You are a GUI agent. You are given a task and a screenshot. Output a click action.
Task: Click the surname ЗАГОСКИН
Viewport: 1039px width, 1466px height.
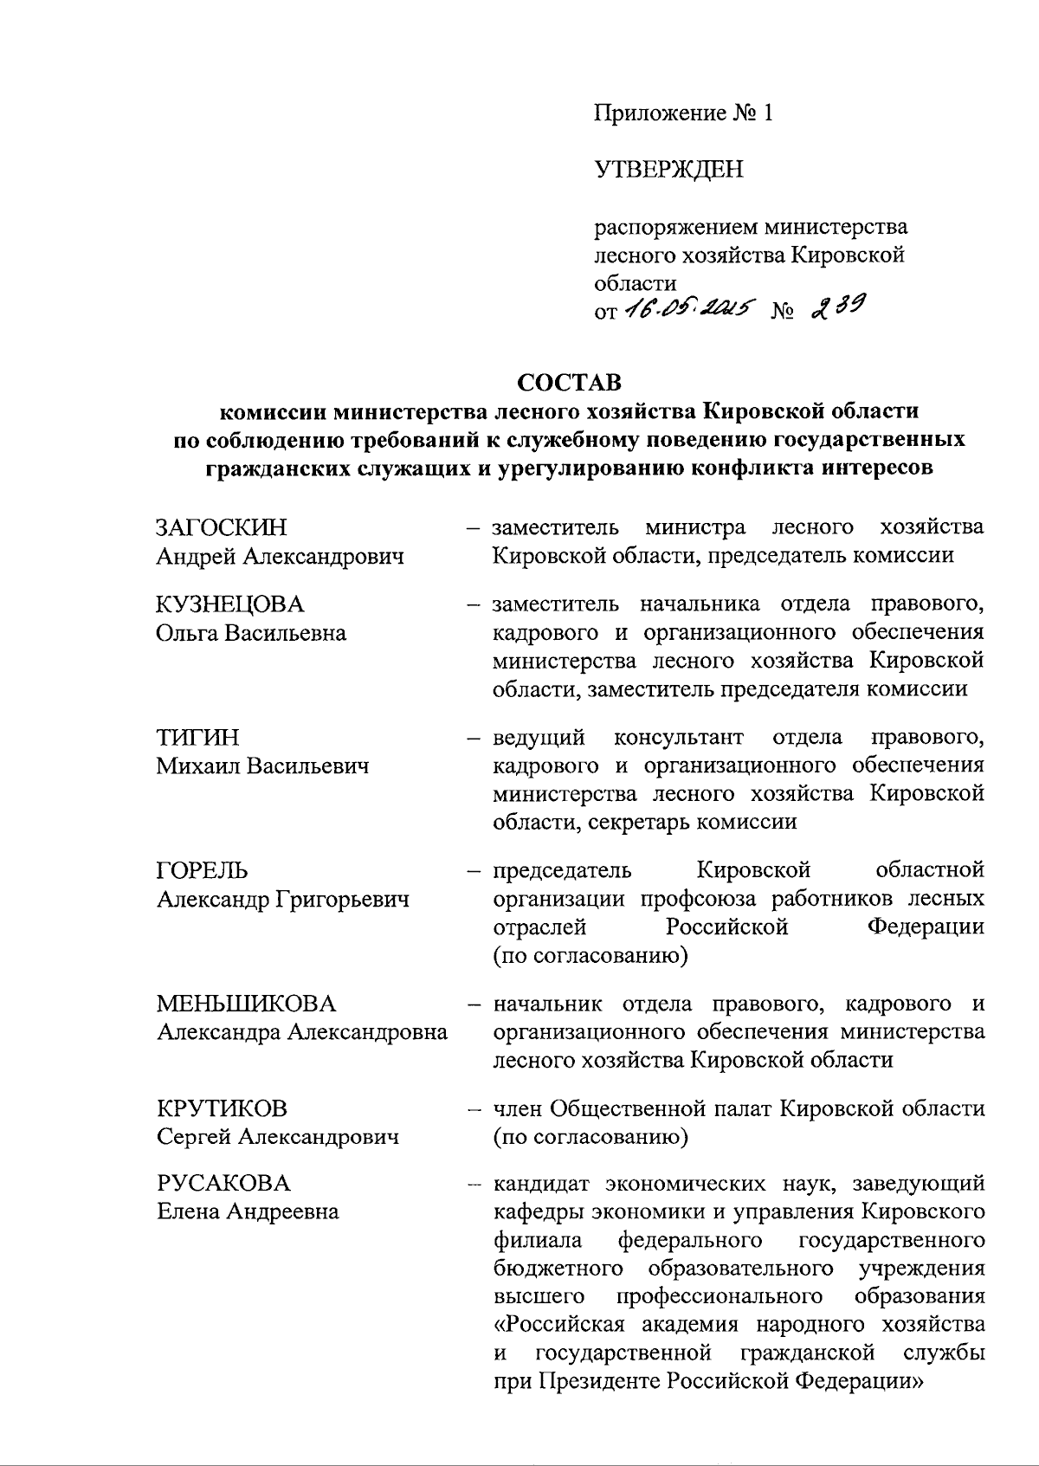coord(221,527)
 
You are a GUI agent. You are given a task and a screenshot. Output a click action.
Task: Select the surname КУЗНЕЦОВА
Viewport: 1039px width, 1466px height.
coord(230,604)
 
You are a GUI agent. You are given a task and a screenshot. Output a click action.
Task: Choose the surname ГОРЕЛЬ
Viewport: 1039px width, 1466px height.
coord(202,870)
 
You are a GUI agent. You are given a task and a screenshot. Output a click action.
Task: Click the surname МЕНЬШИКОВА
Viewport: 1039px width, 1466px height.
coord(245,1004)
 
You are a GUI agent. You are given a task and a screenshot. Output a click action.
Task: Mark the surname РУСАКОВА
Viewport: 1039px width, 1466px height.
coord(223,1183)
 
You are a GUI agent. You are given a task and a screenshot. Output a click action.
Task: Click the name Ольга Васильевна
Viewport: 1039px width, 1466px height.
coord(251,633)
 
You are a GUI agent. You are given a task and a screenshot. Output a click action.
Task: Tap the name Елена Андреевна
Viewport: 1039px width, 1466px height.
coord(248,1211)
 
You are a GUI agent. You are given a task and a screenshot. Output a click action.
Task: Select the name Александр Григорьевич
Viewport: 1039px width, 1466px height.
coord(282,900)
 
